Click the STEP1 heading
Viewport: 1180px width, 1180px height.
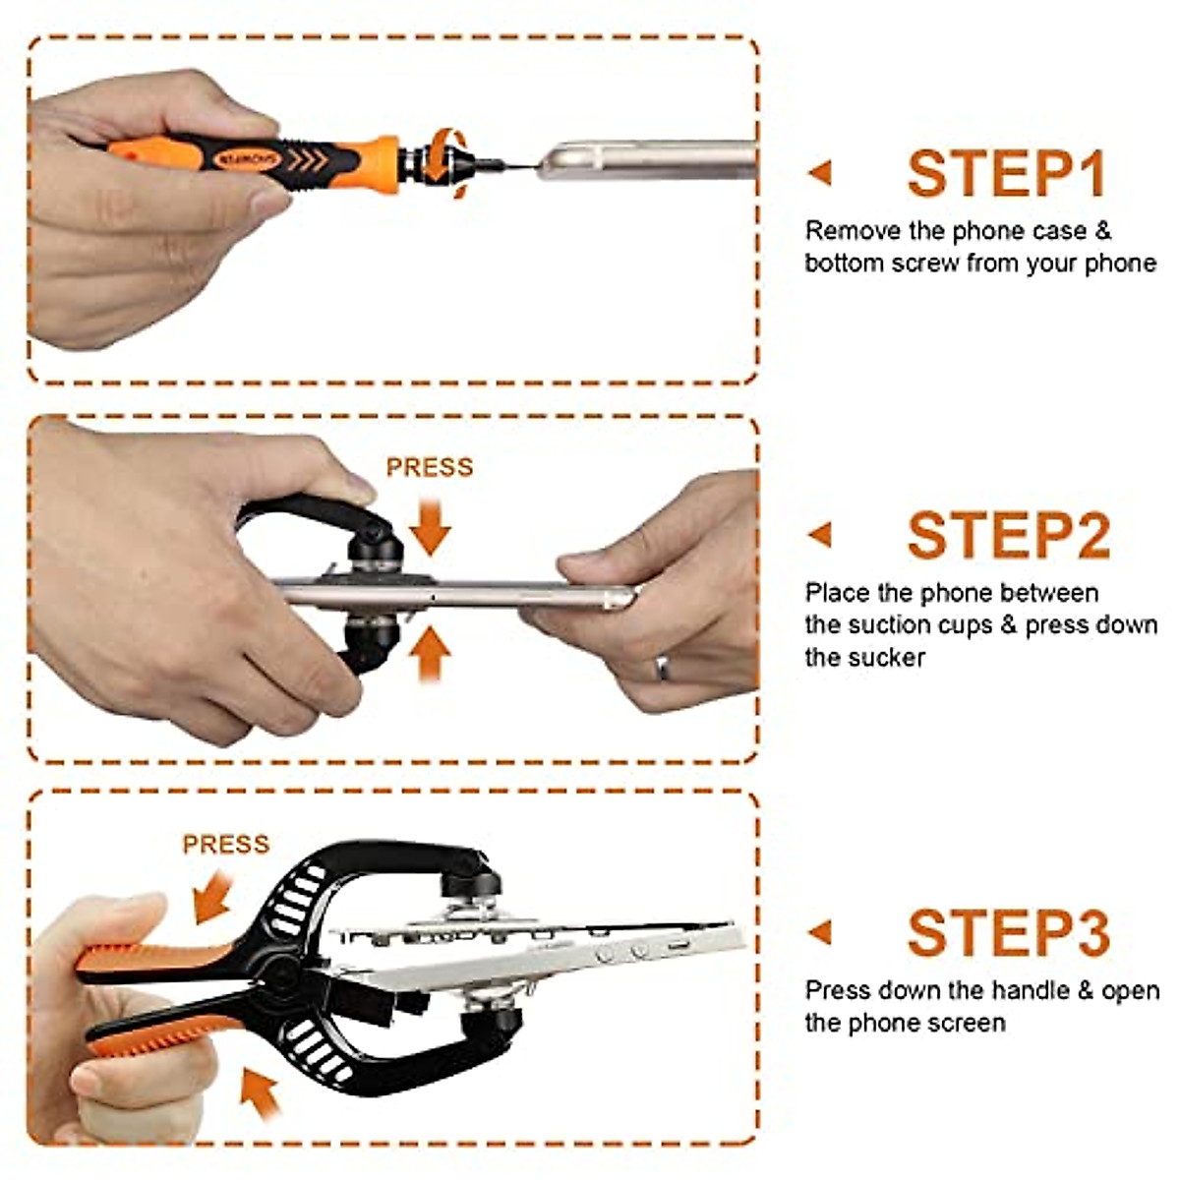coord(1007,174)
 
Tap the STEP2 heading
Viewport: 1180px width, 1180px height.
coord(1008,536)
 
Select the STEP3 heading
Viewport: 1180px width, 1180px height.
coord(1008,932)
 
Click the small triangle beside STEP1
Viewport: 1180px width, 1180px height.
coord(820,173)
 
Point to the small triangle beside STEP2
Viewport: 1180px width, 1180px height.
coord(820,535)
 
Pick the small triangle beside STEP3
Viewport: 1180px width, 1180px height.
coord(820,932)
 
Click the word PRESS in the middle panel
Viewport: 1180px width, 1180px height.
coord(429,467)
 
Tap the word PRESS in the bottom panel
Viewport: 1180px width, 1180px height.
coord(226,845)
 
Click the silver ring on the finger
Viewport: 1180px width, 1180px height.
coord(664,668)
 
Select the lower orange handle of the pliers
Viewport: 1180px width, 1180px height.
coord(167,1028)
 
